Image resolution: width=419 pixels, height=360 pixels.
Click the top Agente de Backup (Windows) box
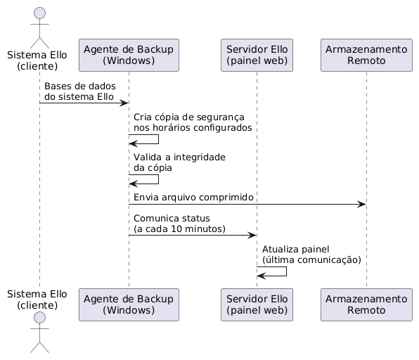tap(129, 55)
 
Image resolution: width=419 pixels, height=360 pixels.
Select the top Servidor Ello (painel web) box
tap(257, 55)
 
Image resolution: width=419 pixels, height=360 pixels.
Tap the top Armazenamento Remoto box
tap(366, 55)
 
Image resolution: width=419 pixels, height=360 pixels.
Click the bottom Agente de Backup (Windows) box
tap(129, 304)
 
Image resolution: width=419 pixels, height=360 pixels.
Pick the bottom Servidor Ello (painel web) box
tap(257, 304)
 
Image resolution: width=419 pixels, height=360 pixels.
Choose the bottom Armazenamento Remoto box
tap(366, 304)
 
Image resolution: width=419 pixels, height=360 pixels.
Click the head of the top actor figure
tap(39, 13)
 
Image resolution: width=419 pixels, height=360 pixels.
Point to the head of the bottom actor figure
tap(39, 318)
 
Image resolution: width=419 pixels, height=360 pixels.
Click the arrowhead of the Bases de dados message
tap(124, 103)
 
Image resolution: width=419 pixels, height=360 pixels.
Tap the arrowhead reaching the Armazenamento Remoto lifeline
tap(362, 205)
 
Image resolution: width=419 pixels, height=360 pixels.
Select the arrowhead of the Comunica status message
tap(252, 235)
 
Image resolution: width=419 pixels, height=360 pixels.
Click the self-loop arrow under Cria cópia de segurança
tap(158, 139)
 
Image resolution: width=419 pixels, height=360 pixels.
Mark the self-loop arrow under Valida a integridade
tap(158, 179)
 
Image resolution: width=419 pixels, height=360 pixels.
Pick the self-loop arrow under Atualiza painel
tap(286, 271)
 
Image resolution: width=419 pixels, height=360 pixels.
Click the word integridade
tap(200, 157)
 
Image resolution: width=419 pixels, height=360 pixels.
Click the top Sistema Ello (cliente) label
tap(37, 60)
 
